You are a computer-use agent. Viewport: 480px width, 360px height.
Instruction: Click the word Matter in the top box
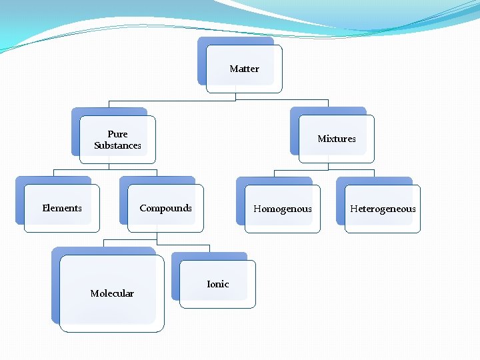point(244,69)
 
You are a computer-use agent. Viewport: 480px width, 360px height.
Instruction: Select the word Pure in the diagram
point(117,134)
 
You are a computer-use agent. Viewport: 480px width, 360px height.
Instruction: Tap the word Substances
point(117,145)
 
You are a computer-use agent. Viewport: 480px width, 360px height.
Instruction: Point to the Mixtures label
point(337,139)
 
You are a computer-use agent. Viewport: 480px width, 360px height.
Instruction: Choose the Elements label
point(62,208)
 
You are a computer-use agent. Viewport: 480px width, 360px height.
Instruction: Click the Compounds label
point(165,208)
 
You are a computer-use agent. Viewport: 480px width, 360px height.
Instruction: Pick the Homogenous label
point(283,209)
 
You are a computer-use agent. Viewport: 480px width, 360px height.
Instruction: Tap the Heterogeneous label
point(383,209)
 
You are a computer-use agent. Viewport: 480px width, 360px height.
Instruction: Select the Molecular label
point(112,293)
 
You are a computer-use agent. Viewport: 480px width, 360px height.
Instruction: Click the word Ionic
point(218,284)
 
